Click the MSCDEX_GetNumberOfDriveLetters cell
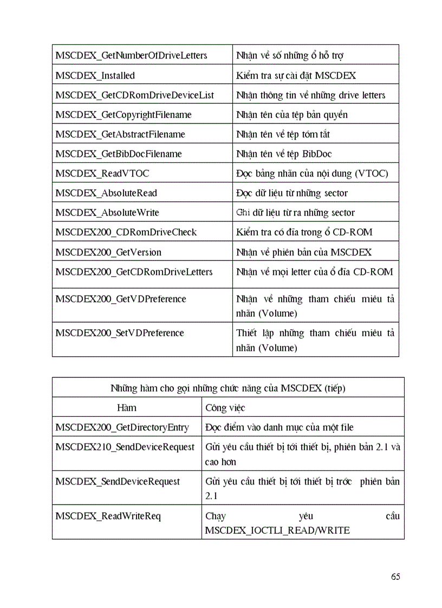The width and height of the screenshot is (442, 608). (x=131, y=55)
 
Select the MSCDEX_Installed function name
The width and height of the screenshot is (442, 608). (x=95, y=76)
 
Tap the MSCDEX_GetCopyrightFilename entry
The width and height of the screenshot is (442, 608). (x=123, y=115)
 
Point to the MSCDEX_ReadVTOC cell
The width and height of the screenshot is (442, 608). (x=102, y=173)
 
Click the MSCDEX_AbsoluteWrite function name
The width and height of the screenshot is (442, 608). (x=107, y=213)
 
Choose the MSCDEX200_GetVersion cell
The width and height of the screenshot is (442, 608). (x=108, y=252)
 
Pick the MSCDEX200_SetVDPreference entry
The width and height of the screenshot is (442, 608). (x=120, y=333)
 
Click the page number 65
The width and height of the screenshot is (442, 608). (x=395, y=577)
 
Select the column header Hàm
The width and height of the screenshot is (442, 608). (x=127, y=408)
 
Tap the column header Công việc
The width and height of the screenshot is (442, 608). (x=225, y=408)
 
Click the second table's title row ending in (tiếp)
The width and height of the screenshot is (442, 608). (x=228, y=388)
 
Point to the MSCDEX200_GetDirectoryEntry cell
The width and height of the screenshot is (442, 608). (x=122, y=428)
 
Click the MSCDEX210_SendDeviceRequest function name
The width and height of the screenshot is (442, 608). (x=125, y=447)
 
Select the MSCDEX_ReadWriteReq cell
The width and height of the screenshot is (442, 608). (x=108, y=516)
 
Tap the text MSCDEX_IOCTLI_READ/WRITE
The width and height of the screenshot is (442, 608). (x=277, y=531)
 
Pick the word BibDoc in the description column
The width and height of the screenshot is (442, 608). (x=317, y=154)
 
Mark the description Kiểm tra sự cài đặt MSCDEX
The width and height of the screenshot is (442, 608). (x=296, y=76)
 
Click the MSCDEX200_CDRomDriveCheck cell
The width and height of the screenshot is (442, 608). (x=126, y=232)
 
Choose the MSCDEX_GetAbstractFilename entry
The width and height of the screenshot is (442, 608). (x=120, y=134)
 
